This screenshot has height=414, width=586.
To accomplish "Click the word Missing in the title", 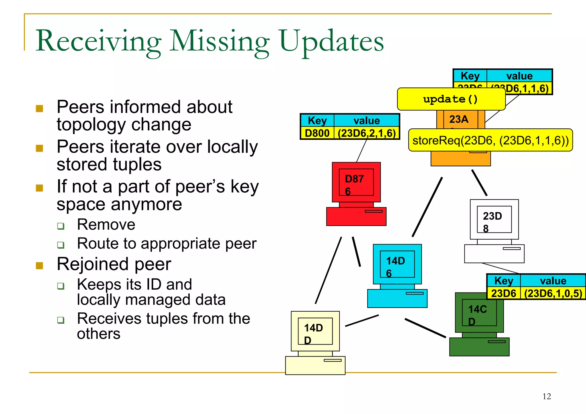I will click(219, 42).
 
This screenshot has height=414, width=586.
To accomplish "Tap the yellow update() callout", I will click(451, 99).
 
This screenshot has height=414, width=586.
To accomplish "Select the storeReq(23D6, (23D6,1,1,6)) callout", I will click(490, 140).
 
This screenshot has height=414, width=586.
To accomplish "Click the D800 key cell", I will click(317, 133).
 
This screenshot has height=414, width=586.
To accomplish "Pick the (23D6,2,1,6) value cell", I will click(367, 133).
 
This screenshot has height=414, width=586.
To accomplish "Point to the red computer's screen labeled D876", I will click(356, 182).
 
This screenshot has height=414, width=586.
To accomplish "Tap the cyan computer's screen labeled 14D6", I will click(397, 264).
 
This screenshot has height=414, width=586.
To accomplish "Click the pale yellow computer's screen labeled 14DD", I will click(315, 331).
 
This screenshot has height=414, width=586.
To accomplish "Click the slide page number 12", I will click(547, 396).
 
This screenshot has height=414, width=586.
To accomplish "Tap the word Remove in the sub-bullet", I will click(106, 224).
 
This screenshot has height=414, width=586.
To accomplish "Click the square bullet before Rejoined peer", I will click(39, 266).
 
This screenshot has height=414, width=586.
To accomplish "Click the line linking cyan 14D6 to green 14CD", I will click(425, 328).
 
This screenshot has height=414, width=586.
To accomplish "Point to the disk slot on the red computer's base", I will click(373, 211).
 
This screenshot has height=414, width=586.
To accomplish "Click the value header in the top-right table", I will click(519, 76).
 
